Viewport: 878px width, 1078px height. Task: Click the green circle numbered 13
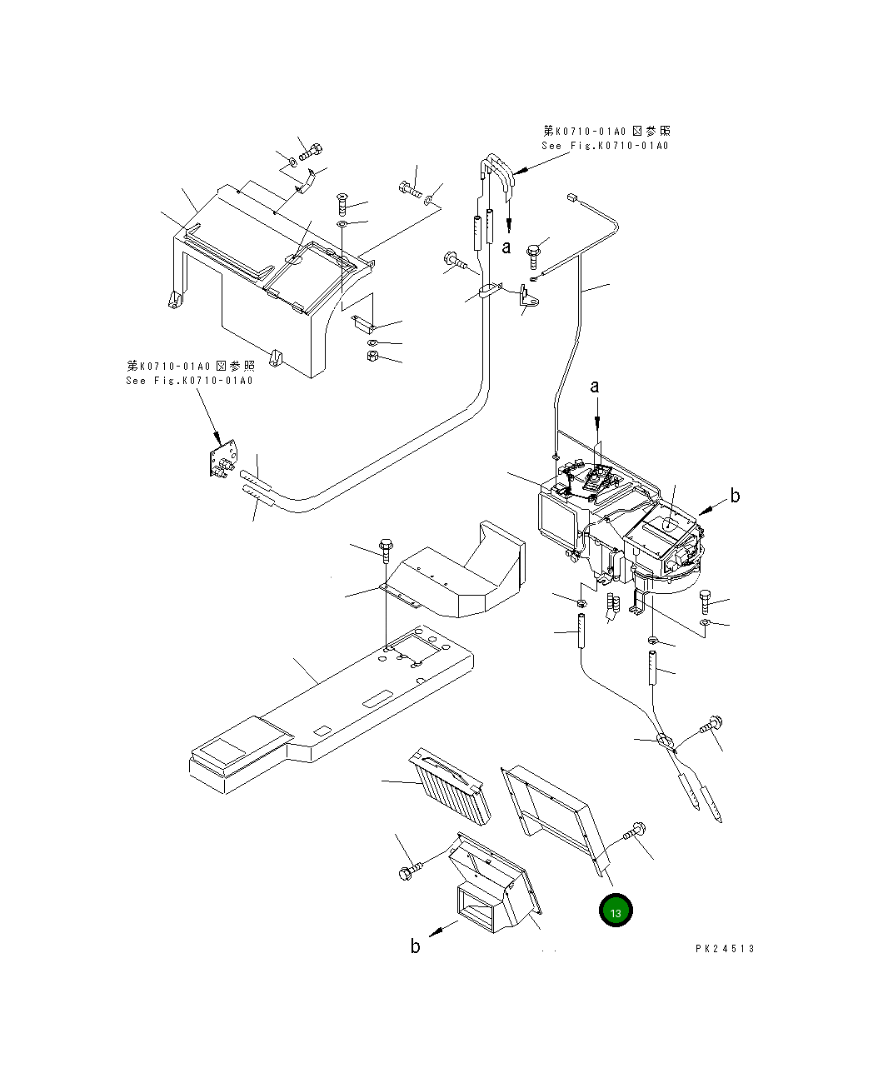616,911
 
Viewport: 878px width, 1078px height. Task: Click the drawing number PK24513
724,949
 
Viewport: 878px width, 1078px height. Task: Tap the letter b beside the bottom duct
415,946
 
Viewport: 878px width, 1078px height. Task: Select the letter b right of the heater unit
735,497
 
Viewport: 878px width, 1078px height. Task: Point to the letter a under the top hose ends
506,247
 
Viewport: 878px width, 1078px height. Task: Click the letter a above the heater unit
595,387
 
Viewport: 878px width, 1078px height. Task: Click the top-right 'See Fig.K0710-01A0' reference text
606,146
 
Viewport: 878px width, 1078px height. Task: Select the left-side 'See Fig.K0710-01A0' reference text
189,381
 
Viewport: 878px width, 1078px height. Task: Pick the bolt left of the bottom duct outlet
410,871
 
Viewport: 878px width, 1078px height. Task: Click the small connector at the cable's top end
571,197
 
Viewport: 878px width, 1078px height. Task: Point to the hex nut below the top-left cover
373,357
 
